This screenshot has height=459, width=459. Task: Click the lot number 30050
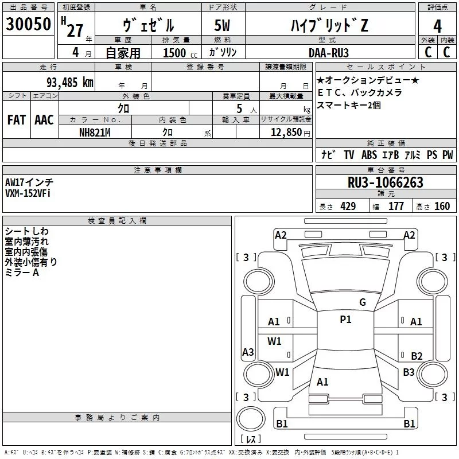coord(29,25)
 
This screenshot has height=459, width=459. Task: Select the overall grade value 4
coord(437,26)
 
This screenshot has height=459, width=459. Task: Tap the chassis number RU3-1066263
coord(386,183)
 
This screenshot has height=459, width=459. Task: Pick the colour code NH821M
coord(95,132)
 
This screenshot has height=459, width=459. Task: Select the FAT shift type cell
coord(16,120)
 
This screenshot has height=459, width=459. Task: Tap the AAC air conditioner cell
coord(44,120)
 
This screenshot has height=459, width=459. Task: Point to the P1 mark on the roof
coord(345,320)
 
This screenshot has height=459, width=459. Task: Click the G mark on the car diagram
coord(362,302)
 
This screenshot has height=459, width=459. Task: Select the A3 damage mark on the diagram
coord(248,352)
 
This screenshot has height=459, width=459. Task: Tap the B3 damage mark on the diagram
coord(409,372)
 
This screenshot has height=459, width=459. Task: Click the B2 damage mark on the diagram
coord(417,356)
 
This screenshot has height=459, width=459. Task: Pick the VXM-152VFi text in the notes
coord(28,194)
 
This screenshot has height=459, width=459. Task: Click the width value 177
coord(396,207)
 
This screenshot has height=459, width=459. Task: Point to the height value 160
coord(442,207)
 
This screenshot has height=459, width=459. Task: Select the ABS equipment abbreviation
coord(369,155)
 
